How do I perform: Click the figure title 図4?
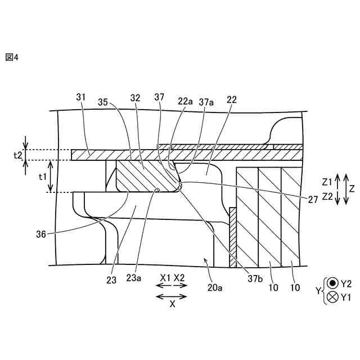[12, 57]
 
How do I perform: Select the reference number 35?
[103, 103]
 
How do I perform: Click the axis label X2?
[180, 278]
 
